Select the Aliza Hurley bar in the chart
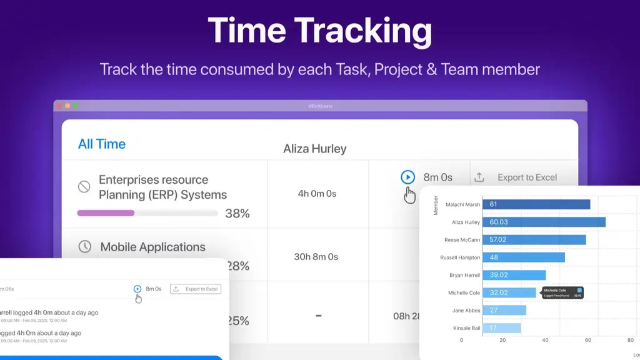[544, 222]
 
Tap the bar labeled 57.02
[534, 239]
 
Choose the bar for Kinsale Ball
[501, 327]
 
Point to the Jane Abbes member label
[467, 310]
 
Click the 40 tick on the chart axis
[544, 341]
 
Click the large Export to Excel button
[519, 177]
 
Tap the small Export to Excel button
[196, 289]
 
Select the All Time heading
[102, 144]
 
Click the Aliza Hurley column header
[315, 149]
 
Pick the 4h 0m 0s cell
[317, 194]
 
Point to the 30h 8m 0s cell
[316, 257]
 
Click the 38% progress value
[237, 214]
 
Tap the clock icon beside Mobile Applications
[84, 247]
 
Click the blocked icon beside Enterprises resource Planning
[84, 186]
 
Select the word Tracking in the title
[363, 31]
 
